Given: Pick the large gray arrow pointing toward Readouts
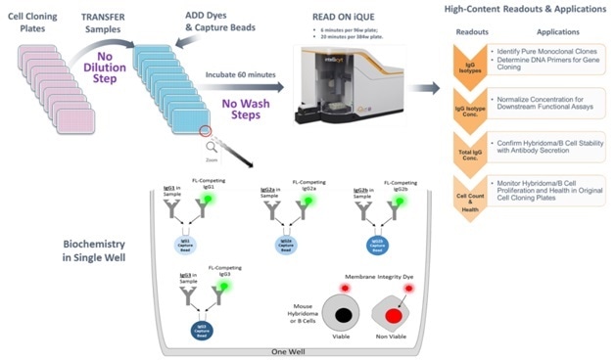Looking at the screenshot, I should point(423,87).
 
